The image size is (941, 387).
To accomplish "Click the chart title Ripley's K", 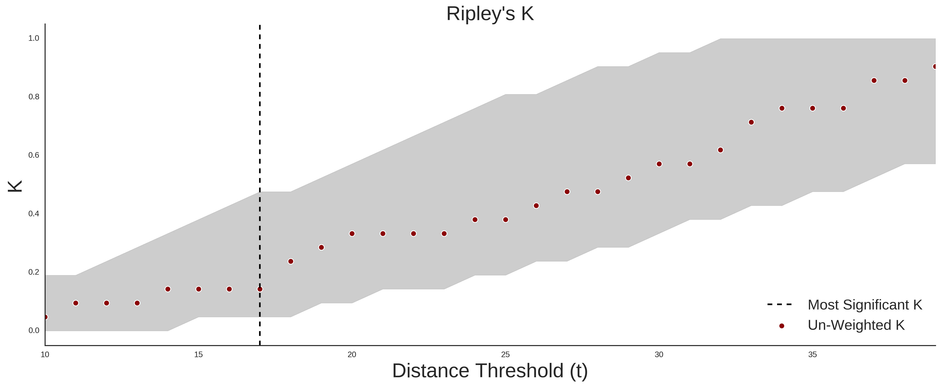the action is (x=490, y=14).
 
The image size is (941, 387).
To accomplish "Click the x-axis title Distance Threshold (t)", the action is (x=490, y=371).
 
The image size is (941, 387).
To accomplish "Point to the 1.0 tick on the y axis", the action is (x=34, y=38).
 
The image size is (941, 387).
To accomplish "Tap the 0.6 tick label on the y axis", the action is (x=34, y=155).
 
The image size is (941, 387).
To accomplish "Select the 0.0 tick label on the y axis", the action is (x=34, y=330).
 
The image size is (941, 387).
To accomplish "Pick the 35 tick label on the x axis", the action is (x=813, y=354).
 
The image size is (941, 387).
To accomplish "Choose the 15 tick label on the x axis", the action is (x=198, y=354).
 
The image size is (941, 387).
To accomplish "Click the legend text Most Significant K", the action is (x=865, y=305).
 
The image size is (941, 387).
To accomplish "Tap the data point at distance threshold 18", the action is (x=291, y=261).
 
